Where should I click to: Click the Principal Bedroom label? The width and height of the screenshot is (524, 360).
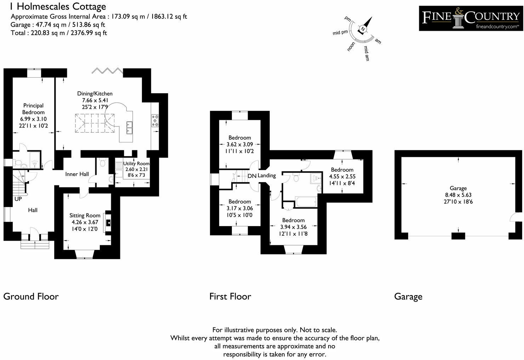coord(33,109)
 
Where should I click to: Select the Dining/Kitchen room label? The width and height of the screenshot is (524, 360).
coord(95,94)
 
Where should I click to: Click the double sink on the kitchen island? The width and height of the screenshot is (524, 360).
coord(129,128)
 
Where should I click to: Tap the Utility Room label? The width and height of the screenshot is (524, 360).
coord(136,163)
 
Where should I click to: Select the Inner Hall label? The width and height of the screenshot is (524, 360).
coord(77,174)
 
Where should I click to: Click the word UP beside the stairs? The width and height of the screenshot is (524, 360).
coord(18,199)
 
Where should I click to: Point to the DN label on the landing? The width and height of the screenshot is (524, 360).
coord(252,176)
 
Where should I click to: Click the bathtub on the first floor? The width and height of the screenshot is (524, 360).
coord(306,202)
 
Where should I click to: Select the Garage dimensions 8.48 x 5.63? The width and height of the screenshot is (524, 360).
coord(458,195)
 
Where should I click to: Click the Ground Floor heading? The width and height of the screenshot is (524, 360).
coord(31,296)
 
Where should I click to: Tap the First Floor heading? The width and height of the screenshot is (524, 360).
coord(230,296)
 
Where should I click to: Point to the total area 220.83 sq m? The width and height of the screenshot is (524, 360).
coord(59,33)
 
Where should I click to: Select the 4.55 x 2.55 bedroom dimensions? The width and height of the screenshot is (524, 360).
coord(342,176)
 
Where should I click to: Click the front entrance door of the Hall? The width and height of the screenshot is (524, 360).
coord(34,234)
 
